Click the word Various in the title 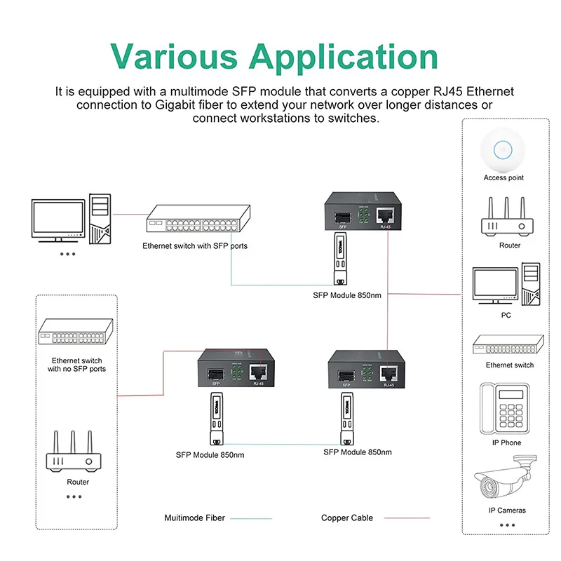[x=175, y=56]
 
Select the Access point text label [x=503, y=178]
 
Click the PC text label [x=506, y=316]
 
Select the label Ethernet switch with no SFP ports [x=77, y=364]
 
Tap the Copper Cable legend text [x=347, y=518]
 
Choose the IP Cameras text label [x=506, y=510]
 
